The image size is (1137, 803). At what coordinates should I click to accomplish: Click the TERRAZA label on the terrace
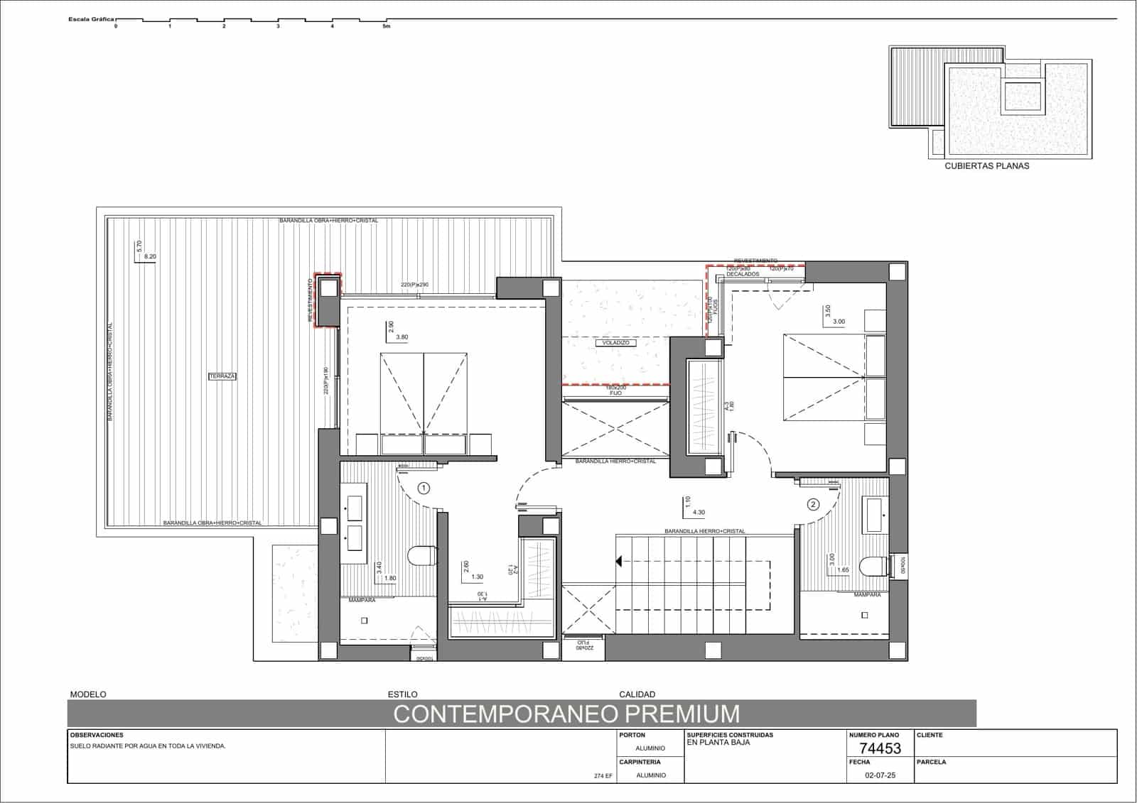coord(222,376)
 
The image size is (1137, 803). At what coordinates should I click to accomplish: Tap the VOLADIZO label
coord(615,343)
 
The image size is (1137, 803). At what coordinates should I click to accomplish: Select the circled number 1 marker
coord(424,488)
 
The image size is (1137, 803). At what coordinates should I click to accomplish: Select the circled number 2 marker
coord(813,505)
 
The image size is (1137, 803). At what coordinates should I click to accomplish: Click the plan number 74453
coord(880,748)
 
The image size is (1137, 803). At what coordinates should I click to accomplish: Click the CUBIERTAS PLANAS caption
coord(986,166)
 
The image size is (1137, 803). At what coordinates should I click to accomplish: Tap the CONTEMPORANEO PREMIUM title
coord(566,714)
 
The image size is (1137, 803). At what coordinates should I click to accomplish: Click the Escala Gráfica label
coord(91,19)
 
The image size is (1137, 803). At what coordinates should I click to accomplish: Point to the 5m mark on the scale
coord(387,26)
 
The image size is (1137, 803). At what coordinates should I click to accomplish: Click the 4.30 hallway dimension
coord(699,512)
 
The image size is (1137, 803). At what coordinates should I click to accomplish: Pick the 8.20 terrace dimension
coord(150,256)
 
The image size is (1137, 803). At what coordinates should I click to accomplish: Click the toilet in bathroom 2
coord(872,567)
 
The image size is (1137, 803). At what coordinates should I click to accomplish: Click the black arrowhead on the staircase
coord(619,562)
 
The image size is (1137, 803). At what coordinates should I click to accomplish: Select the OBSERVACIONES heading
coord(97,736)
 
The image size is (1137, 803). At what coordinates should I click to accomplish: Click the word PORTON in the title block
coord(632,736)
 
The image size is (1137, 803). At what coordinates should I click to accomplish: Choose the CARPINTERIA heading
coord(640,763)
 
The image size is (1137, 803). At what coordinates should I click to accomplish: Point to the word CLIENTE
coord(930,736)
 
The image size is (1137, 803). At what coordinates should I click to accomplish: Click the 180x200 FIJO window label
coord(616,390)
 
